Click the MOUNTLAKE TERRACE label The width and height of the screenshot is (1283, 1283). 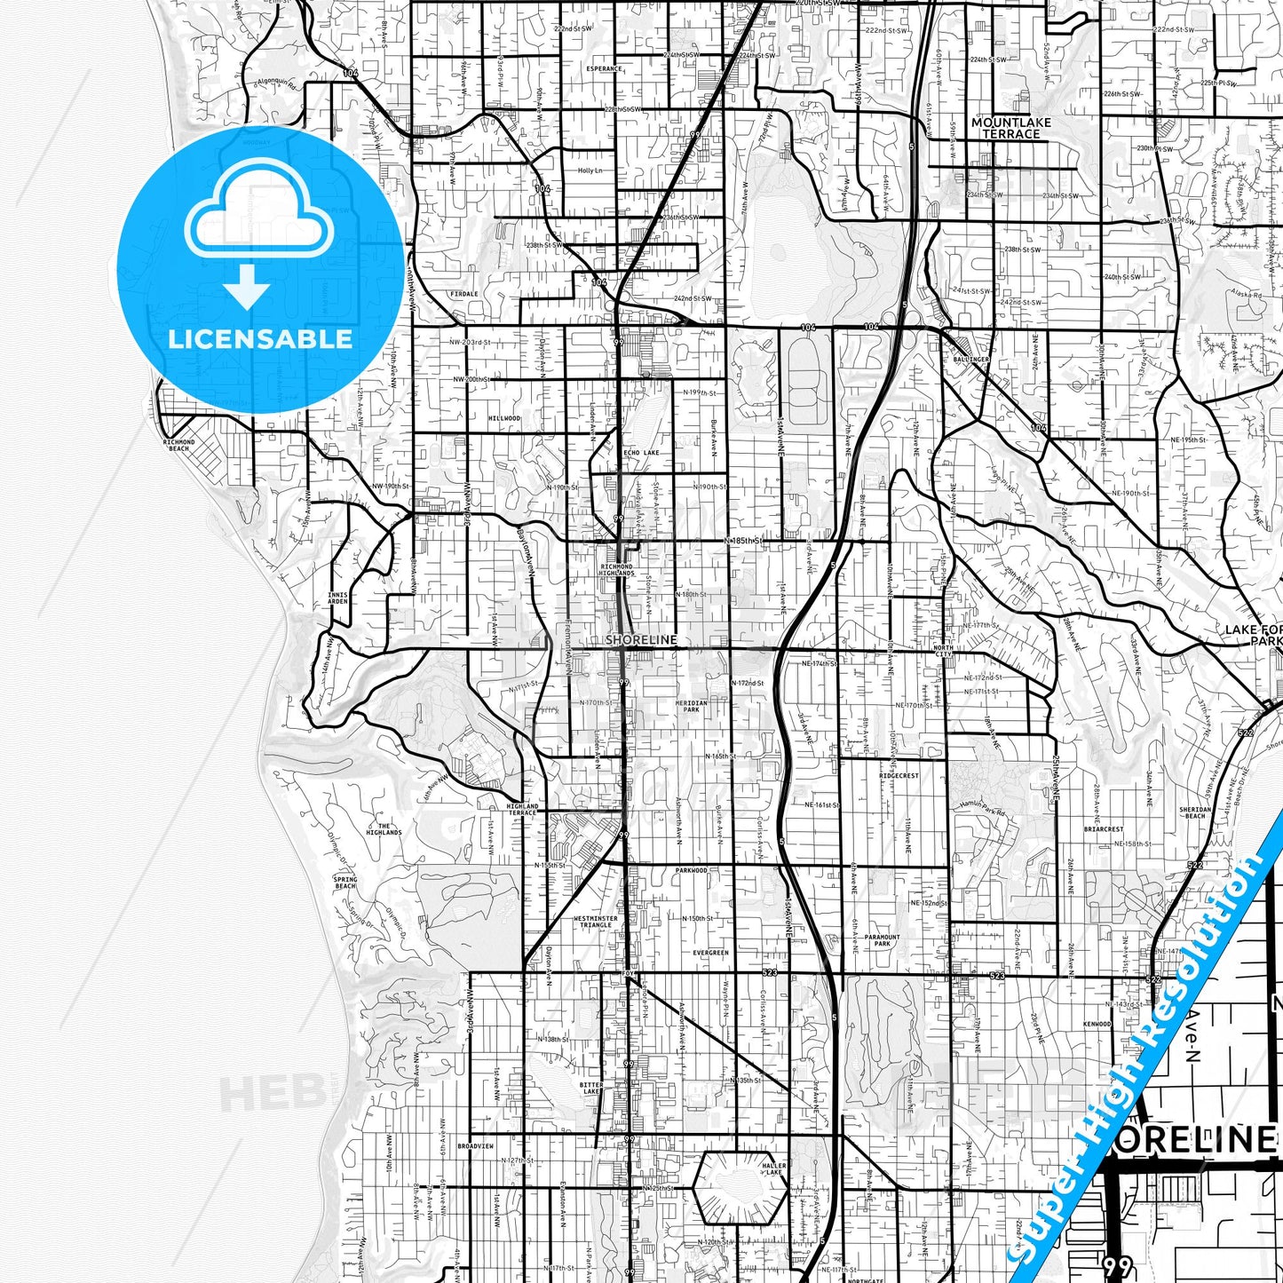pos(1010,128)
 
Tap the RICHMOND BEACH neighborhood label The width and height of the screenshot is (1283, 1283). pos(178,445)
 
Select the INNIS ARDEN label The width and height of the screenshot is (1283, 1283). pos(337,598)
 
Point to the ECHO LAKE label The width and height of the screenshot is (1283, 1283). pos(641,453)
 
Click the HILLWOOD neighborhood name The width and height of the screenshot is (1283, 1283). pos(504,418)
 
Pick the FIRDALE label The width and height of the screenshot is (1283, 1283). pos(463,294)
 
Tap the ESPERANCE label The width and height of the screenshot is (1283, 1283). pos(604,68)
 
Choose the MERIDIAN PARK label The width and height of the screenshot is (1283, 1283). pos(692,706)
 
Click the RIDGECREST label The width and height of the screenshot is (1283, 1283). pos(899,775)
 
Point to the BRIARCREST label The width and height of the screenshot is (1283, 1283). pos(1103,829)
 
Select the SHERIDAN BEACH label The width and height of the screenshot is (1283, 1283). pos(1195,812)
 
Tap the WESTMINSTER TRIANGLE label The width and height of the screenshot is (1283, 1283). pos(596,922)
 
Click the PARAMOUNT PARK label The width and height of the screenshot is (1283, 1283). pos(882,940)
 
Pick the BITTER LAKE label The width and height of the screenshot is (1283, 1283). pos(591,1088)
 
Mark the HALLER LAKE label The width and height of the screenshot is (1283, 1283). pos(773,1168)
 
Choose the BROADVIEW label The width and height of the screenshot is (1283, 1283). pos(475,1146)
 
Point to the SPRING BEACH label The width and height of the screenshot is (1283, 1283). pos(345,882)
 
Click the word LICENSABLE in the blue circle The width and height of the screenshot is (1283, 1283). pos(260,338)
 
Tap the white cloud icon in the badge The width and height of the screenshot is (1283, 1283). pos(259,222)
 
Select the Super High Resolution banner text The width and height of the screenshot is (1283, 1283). pos(1145,1048)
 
